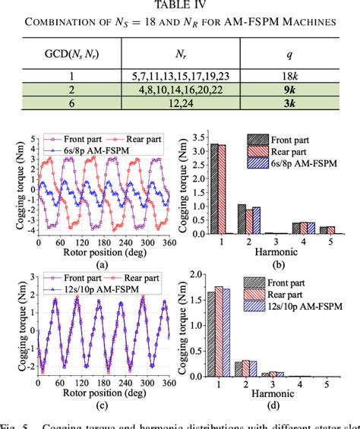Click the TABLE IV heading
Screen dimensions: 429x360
[179, 8]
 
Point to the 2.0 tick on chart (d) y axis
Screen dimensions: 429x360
[195, 275]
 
